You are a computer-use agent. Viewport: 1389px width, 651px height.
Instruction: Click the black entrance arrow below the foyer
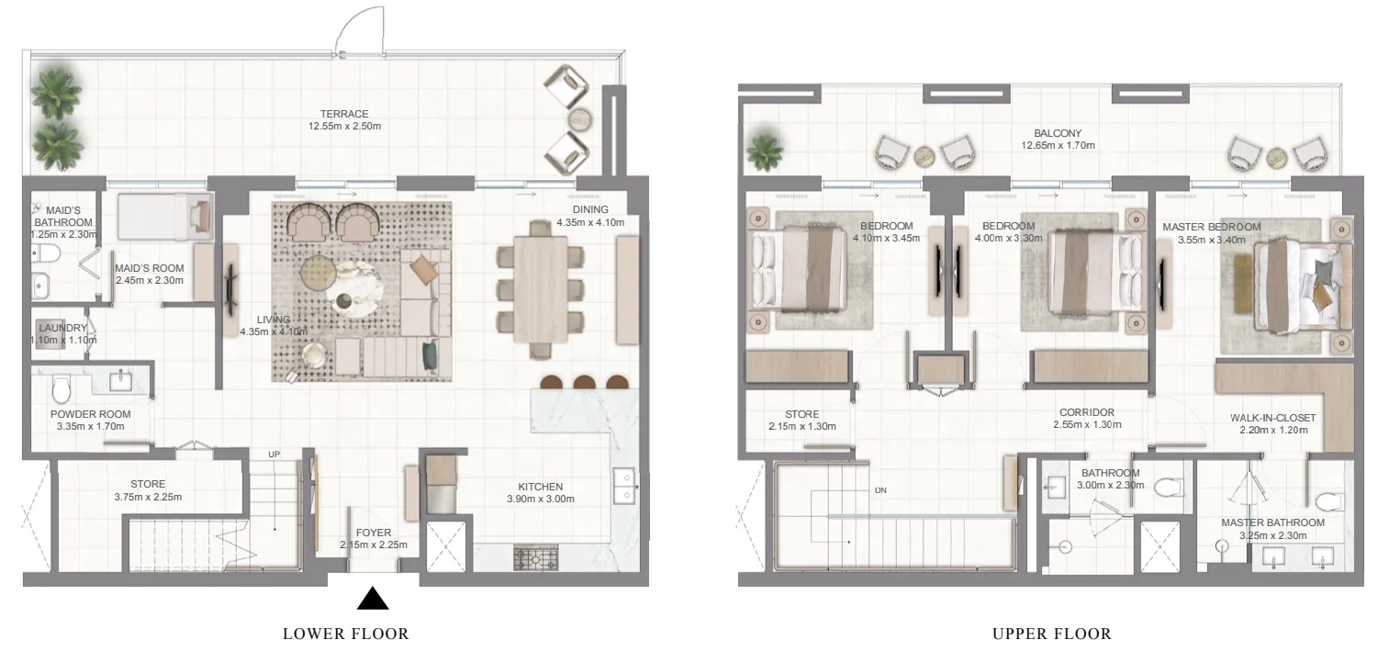click(x=373, y=600)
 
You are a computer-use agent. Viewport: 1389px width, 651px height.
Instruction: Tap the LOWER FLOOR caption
click(x=345, y=634)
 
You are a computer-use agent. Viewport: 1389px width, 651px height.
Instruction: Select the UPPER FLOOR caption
click(x=1051, y=634)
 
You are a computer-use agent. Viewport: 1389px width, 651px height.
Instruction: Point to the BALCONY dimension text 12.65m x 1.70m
click(x=1058, y=145)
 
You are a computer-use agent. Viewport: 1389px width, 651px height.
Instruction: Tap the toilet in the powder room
click(x=62, y=390)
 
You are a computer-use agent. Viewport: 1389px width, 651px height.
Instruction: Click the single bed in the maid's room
click(x=165, y=217)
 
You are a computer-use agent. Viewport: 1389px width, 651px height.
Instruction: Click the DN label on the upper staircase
click(x=879, y=490)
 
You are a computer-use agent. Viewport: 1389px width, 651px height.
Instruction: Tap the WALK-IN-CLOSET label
click(x=1272, y=418)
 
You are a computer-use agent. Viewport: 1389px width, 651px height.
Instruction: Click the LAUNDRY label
click(x=62, y=328)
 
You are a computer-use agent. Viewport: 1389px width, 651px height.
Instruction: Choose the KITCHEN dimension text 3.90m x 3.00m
click(x=540, y=499)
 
